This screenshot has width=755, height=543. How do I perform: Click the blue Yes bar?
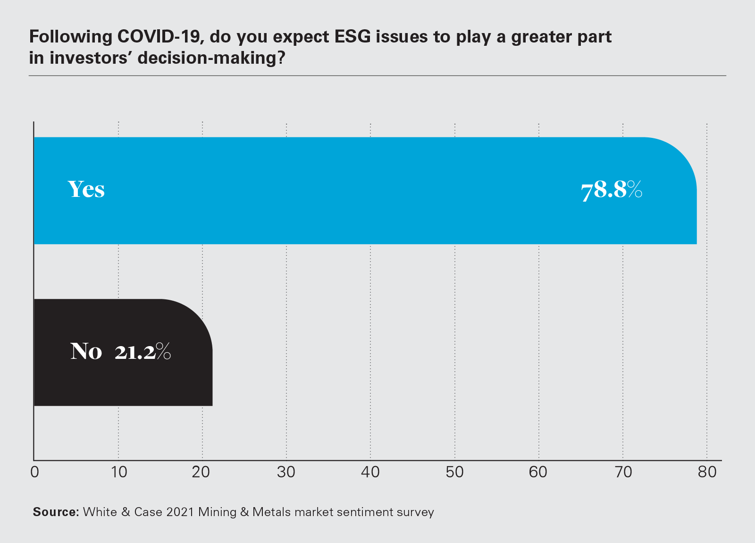[x=330, y=191]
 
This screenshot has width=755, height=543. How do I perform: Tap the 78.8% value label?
[x=612, y=190]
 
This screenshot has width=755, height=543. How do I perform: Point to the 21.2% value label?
[x=143, y=352]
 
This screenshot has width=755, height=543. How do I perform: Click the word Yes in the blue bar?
[x=86, y=189]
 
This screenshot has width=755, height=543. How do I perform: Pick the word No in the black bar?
[x=86, y=352]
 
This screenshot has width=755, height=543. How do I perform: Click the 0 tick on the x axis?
[x=34, y=472]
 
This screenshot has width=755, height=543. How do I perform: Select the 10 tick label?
[x=119, y=472]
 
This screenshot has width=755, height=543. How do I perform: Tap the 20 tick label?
[x=201, y=472]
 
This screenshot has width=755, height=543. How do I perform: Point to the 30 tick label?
[x=286, y=472]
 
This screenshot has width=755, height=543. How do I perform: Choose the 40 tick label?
[x=370, y=472]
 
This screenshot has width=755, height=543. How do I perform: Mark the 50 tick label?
[x=454, y=472]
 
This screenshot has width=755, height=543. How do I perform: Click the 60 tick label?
[x=538, y=472]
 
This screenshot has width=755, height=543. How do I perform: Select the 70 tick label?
[x=623, y=472]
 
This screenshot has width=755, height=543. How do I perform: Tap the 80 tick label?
[x=707, y=472]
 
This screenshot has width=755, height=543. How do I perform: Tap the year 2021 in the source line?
[x=180, y=512]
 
